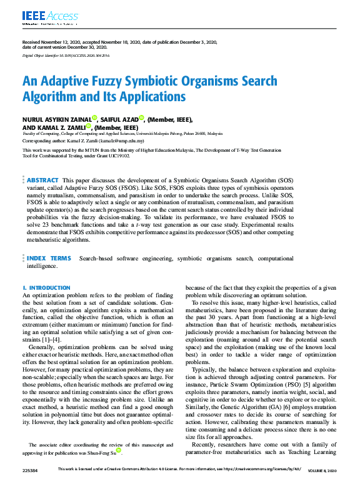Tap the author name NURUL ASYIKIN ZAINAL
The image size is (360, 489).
coord(56,119)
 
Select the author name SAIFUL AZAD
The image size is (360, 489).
coord(119,119)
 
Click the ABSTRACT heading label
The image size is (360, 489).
coord(43,180)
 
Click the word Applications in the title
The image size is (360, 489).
coord(150,97)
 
